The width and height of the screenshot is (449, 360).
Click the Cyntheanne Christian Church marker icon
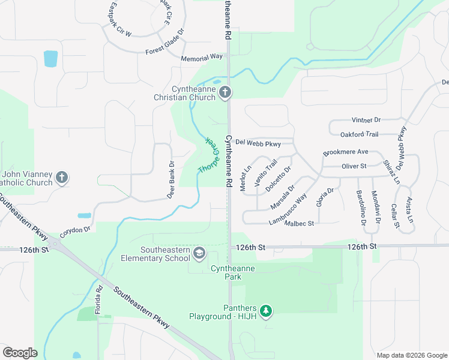point(225,92)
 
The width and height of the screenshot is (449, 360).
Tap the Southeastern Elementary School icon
point(199,254)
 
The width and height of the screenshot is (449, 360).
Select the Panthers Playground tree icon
point(266,311)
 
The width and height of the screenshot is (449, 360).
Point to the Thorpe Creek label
point(207,156)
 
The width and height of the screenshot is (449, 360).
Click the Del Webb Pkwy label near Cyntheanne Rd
point(258,143)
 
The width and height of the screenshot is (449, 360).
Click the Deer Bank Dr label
point(171,180)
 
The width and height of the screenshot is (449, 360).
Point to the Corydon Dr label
point(75,230)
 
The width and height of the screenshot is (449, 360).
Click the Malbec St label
point(300,224)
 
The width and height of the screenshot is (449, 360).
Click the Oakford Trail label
point(359,134)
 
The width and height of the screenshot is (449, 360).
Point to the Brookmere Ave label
point(345,152)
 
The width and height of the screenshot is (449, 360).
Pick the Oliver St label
point(354,166)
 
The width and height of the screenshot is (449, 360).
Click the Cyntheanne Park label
point(234,272)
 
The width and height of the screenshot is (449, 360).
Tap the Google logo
point(20,352)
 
